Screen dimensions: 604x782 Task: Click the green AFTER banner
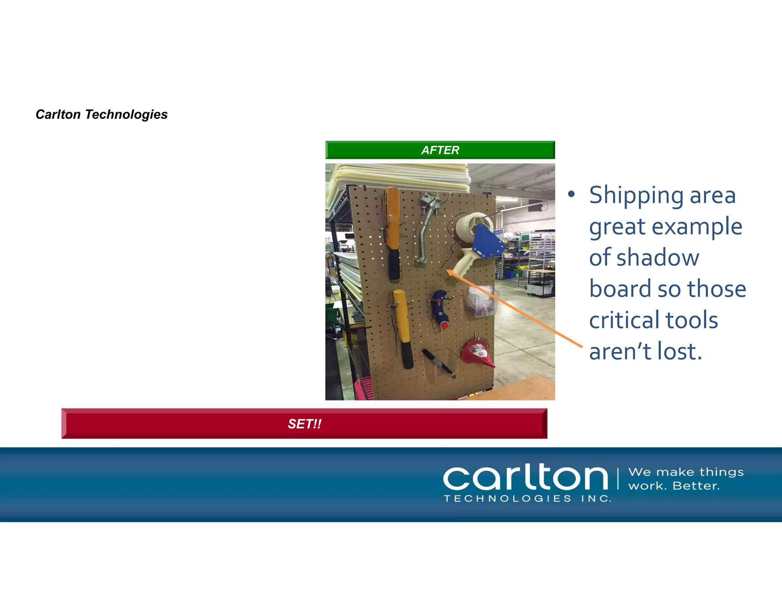(440, 150)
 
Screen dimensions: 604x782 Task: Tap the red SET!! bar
(304, 423)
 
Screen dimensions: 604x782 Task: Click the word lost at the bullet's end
(680, 351)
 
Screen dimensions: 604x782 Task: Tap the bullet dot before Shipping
(571, 194)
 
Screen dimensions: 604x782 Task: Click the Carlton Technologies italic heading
(102, 115)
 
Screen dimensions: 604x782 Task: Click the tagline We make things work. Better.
(686, 479)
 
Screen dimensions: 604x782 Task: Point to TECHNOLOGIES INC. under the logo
(527, 499)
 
